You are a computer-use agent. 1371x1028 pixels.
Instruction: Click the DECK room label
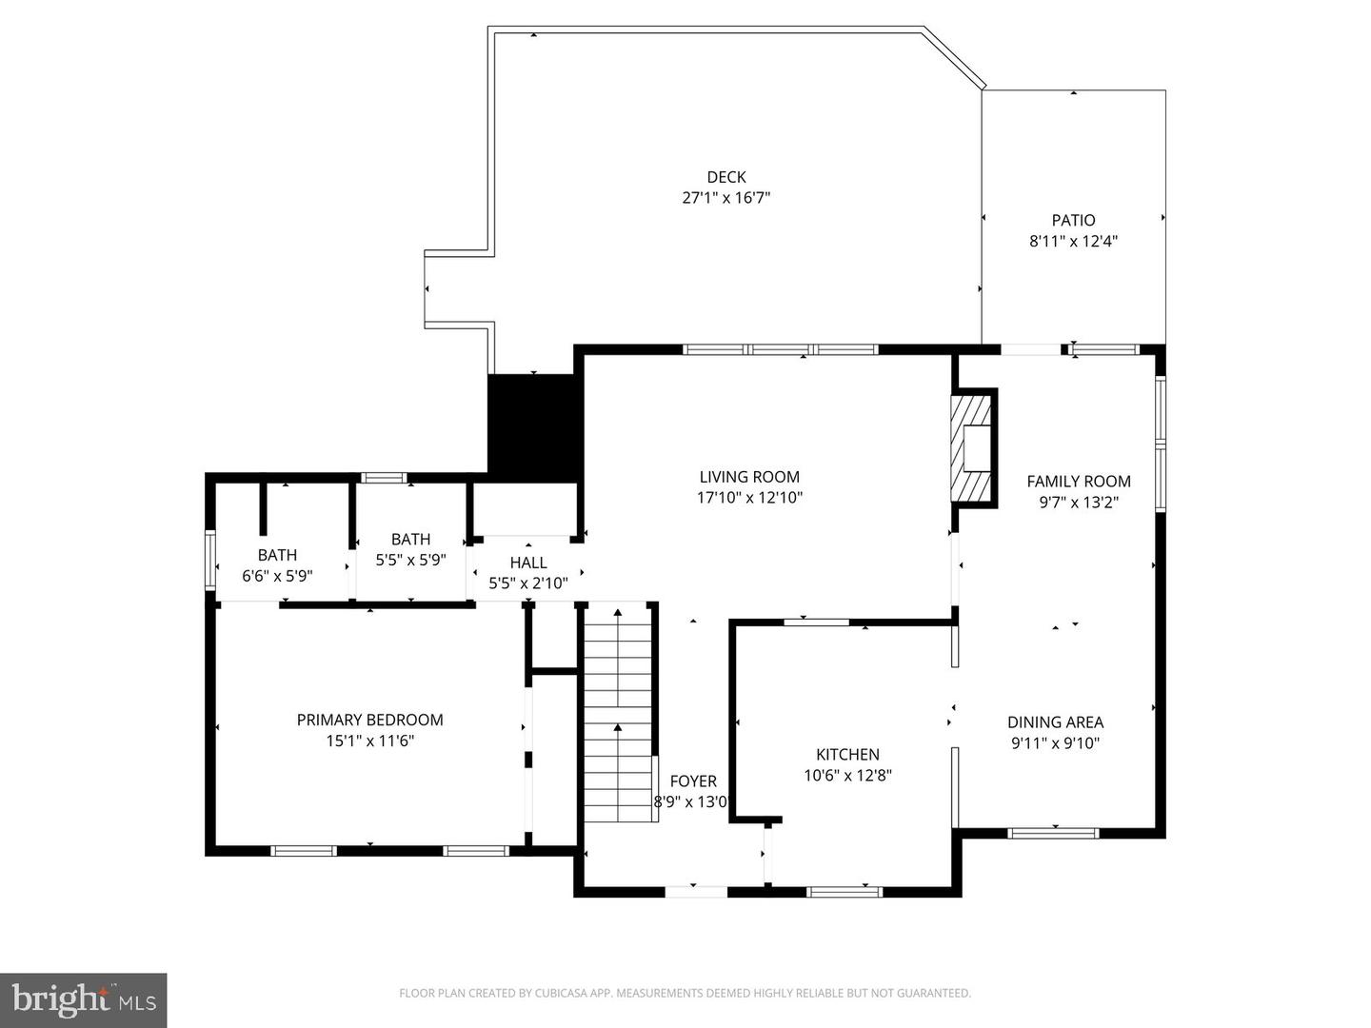725,177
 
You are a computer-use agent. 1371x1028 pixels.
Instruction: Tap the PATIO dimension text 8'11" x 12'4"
1073,242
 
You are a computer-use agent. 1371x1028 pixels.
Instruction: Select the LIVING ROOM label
749,477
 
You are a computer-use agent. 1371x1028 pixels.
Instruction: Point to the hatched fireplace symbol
971,448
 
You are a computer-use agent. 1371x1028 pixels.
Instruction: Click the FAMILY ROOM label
1078,482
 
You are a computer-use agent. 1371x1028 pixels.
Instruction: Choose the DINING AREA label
1055,722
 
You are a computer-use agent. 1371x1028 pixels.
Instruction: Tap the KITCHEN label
847,754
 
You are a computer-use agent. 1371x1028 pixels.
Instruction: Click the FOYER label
693,781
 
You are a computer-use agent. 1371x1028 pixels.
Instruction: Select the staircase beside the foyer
618,714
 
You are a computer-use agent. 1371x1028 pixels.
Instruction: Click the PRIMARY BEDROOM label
369,720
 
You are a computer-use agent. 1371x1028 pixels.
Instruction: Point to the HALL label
528,563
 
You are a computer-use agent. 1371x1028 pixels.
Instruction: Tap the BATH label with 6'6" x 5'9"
277,555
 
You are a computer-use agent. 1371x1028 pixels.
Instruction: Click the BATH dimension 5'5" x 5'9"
410,561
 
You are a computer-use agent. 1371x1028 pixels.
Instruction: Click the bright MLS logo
83,999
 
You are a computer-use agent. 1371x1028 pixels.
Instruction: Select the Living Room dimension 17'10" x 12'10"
749,498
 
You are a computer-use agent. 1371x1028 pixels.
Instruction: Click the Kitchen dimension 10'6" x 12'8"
847,776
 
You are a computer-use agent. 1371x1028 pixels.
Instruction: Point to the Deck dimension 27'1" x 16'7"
725,198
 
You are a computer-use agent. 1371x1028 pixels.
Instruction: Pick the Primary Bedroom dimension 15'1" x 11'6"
369,741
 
